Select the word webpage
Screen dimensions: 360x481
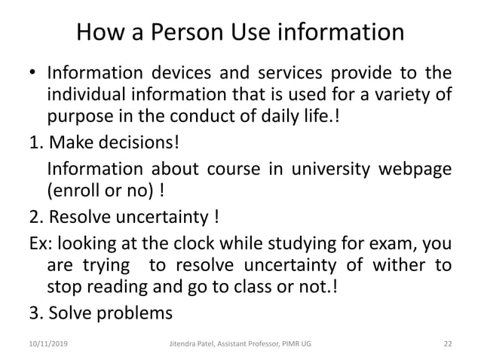[x=418, y=169]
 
